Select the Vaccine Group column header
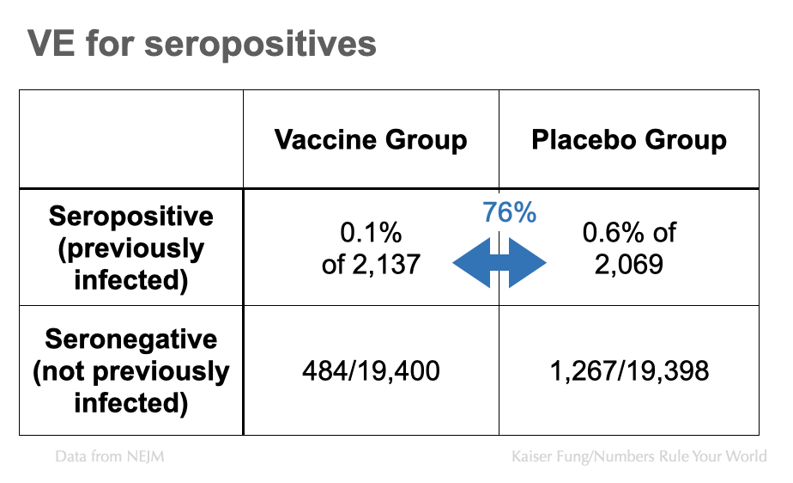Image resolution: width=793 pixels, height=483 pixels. pyautogui.click(x=371, y=140)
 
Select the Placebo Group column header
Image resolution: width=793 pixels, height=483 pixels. pyautogui.click(x=629, y=140)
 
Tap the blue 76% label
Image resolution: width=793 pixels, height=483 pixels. pyautogui.click(x=509, y=212)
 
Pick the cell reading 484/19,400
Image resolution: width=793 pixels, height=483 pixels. pyautogui.click(x=371, y=371)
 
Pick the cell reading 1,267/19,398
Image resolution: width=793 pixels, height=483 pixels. pyautogui.click(x=629, y=371)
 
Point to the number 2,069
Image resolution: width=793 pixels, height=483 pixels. pyautogui.click(x=629, y=264)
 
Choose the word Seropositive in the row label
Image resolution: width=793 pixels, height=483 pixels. pyautogui.click(x=131, y=215)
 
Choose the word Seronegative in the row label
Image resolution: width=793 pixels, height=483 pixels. pyautogui.click(x=131, y=339)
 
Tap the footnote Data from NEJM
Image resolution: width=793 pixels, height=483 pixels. pyautogui.click(x=110, y=456)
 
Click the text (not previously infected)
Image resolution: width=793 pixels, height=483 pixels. pyautogui.click(x=131, y=387)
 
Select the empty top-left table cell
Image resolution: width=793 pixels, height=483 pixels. pyautogui.click(x=131, y=139)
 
